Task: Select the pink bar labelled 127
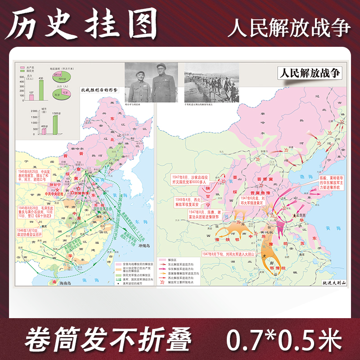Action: [31, 98]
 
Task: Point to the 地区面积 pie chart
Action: [58, 75]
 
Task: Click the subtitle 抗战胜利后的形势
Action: [99, 90]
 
